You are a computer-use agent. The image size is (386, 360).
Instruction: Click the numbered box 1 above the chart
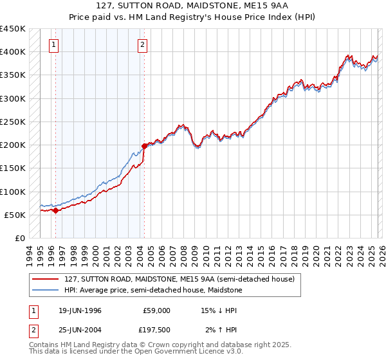tap(53, 45)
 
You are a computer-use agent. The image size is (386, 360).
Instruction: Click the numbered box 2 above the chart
tap(142, 45)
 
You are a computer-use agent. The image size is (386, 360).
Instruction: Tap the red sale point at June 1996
tap(56, 210)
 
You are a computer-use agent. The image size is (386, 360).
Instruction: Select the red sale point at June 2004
tap(144, 146)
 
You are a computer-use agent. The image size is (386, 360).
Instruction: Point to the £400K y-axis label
tap(13, 52)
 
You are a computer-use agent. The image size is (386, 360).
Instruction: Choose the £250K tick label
tap(13, 122)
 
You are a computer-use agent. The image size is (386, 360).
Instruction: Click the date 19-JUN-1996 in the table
tap(80, 310)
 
